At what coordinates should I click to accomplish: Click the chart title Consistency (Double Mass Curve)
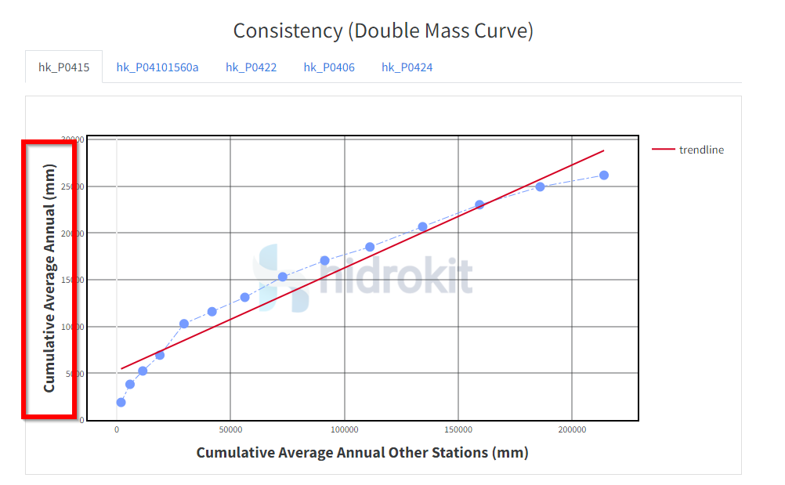383,31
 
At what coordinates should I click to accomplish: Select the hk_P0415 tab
64,67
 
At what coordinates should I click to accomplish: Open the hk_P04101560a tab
157,67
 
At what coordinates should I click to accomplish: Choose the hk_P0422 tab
251,67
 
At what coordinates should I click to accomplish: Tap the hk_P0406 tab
329,67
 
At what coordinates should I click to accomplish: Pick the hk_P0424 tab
407,67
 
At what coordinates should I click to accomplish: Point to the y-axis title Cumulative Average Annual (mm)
49,277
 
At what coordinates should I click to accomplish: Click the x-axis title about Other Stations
362,453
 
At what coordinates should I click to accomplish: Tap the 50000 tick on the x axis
230,430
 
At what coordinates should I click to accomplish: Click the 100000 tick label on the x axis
344,430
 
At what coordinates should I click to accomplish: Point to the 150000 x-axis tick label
458,430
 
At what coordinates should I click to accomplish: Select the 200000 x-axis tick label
572,430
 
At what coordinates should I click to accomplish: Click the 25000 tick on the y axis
74,186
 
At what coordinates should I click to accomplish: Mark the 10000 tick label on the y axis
74,327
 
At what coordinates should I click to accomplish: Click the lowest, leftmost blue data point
121,403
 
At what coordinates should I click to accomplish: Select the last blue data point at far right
604,176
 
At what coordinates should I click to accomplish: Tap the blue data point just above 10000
184,324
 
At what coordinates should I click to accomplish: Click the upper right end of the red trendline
603,150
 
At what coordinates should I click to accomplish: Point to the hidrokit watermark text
396,275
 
